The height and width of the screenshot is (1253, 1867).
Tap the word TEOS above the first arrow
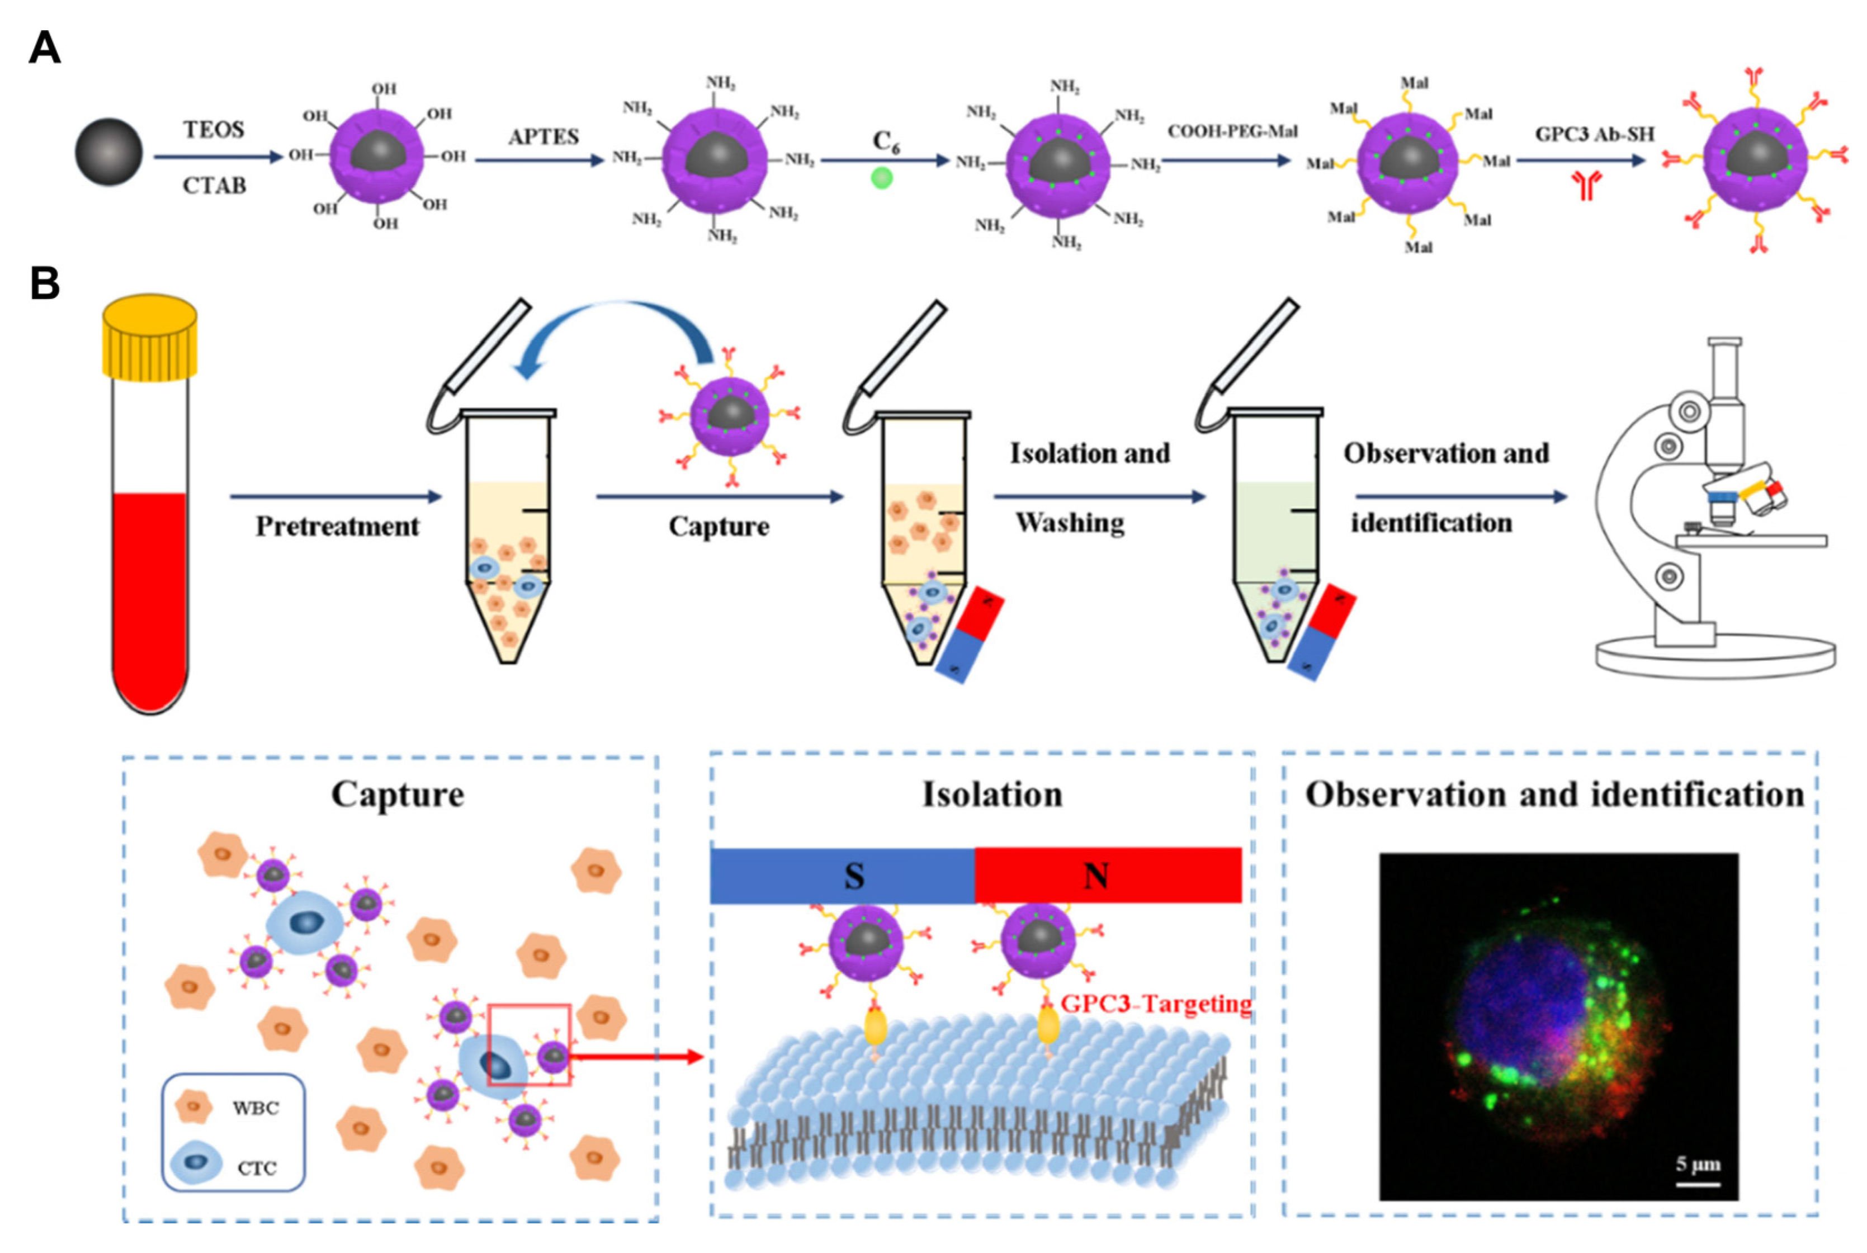tap(213, 130)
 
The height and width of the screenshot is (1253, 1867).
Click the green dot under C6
tap(881, 177)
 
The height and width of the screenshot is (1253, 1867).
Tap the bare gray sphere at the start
tap(108, 152)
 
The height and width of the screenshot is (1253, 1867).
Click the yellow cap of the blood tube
tap(149, 337)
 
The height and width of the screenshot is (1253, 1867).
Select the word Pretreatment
tap(337, 527)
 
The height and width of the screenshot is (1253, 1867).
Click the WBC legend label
tap(256, 1108)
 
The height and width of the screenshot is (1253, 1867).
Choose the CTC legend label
tap(257, 1169)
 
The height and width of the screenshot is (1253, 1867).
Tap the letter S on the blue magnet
tap(854, 877)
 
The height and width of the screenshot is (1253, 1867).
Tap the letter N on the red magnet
tap(1095, 877)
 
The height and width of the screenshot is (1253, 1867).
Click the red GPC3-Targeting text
tap(1155, 1004)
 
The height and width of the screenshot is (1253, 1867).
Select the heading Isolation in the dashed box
tap(992, 795)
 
